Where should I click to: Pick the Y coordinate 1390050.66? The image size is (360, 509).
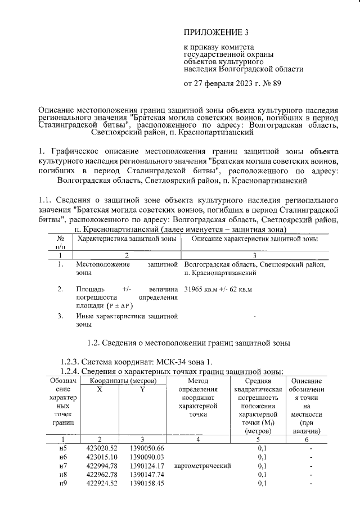(x=143, y=448)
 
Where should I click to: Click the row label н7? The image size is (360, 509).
(x=63, y=466)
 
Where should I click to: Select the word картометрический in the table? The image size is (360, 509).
(x=204, y=466)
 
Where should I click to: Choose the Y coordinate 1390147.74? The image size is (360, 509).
(x=143, y=475)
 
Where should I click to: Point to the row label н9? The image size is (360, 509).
(x=63, y=483)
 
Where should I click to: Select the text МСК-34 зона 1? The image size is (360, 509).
(x=183, y=361)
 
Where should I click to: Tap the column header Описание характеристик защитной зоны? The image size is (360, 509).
(x=255, y=239)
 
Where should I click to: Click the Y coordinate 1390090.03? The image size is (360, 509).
(x=143, y=457)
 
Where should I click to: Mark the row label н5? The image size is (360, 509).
(x=63, y=448)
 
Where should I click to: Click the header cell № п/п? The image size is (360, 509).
(x=60, y=242)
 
